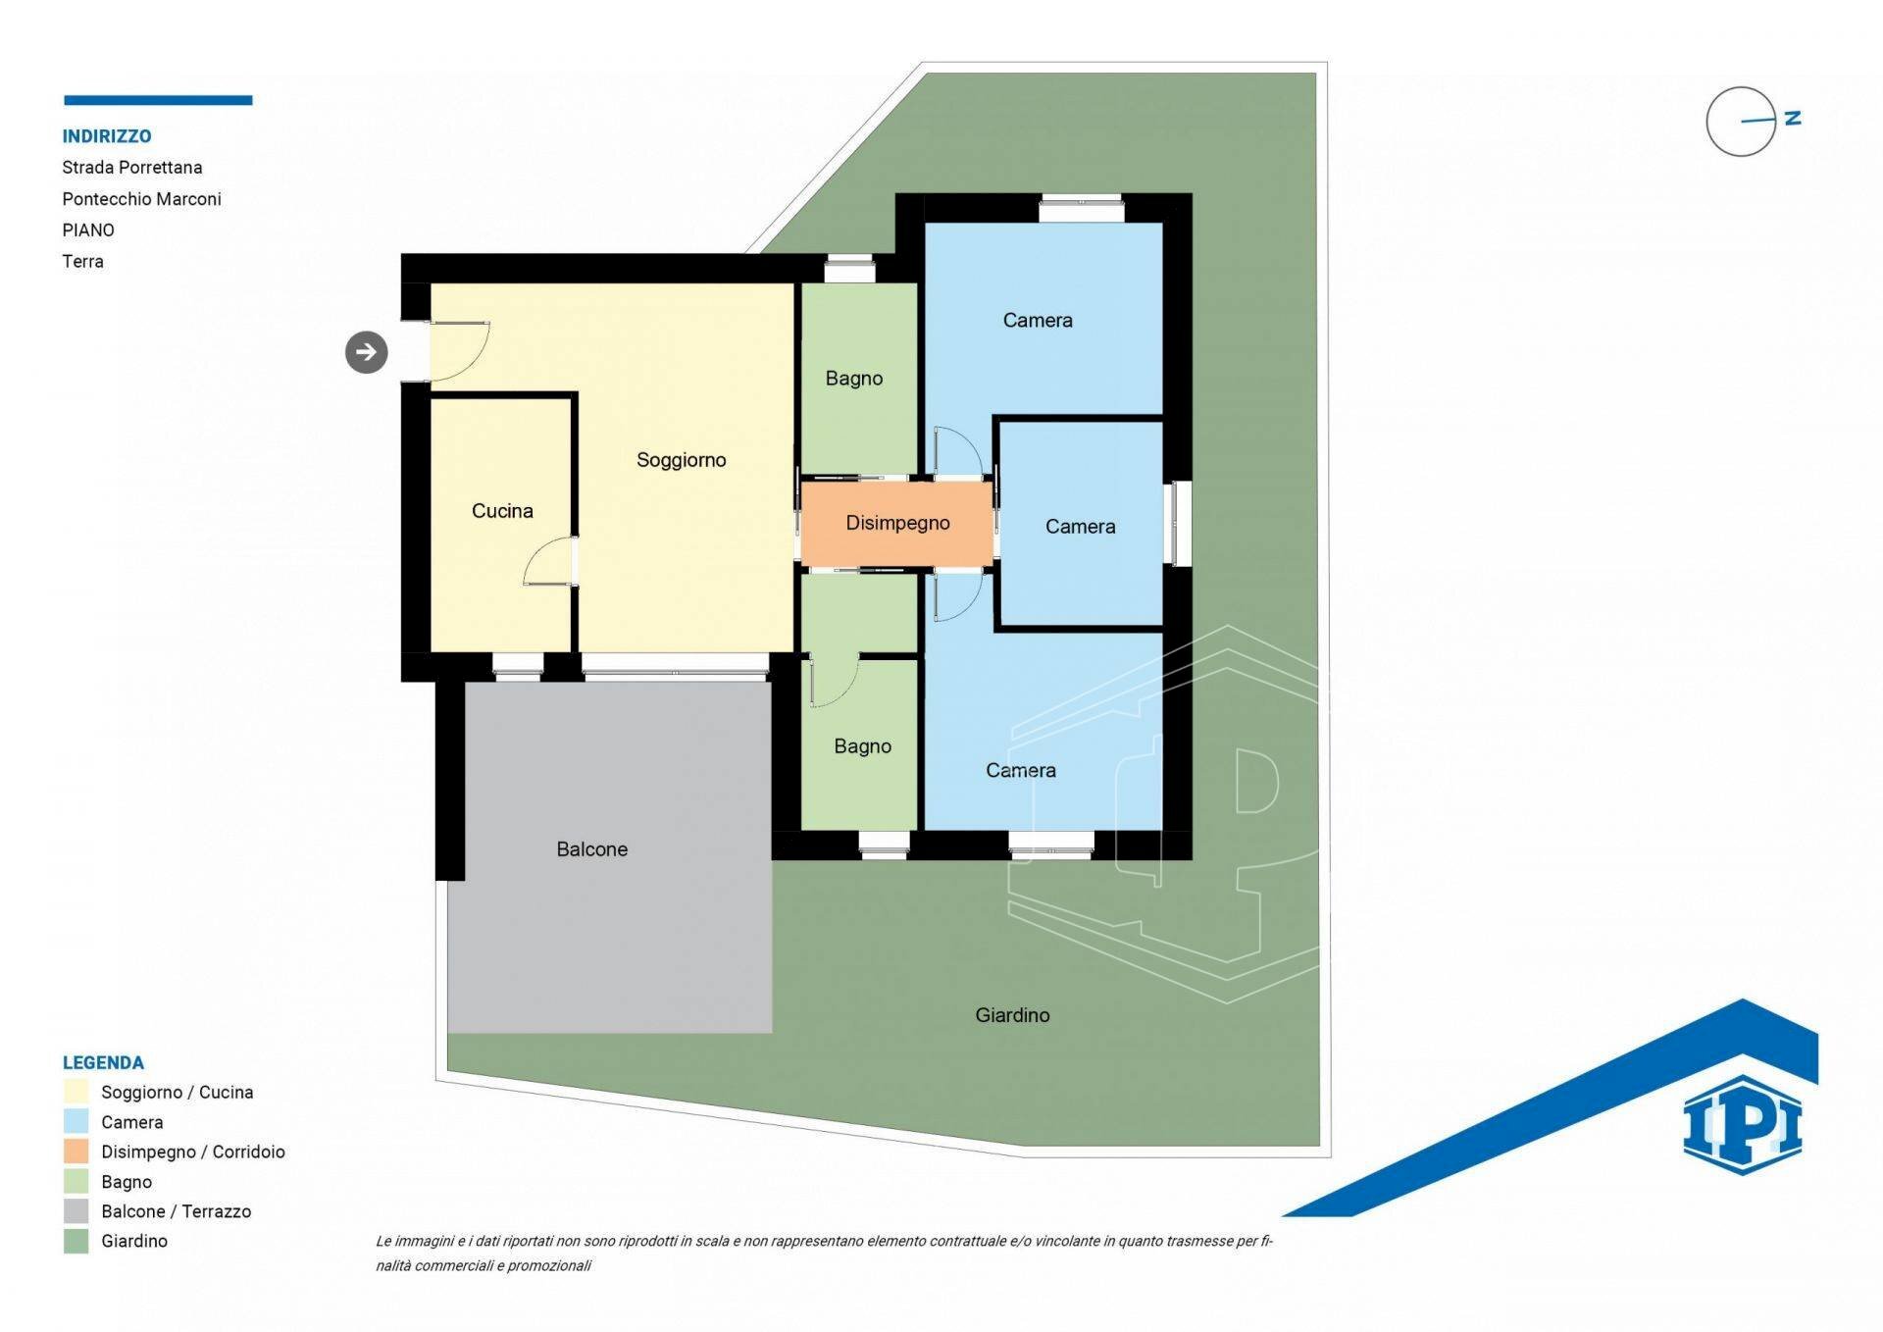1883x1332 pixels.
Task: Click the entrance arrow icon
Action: [x=366, y=352]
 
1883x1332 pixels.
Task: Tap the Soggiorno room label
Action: [x=681, y=460]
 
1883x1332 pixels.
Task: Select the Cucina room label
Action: [x=502, y=511]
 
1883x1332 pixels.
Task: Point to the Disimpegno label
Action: [x=897, y=524]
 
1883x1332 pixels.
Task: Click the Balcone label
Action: [x=591, y=849]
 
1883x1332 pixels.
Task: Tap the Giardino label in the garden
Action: [x=1012, y=1015]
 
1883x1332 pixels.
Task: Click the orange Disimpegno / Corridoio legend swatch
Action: [x=76, y=1152]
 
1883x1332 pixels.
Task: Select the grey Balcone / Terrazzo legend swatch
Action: [x=76, y=1211]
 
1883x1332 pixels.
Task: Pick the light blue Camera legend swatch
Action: [x=76, y=1121]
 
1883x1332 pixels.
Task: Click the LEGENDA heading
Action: [x=103, y=1063]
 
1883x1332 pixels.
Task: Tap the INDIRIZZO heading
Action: [x=107, y=136]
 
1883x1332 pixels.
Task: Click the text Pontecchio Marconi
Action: [x=141, y=199]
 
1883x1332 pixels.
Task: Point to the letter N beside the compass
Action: [x=1793, y=118]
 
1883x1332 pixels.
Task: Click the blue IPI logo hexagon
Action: [x=1743, y=1125]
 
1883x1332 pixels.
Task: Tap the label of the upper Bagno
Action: [x=853, y=379]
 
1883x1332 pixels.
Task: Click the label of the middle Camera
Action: [x=1080, y=527]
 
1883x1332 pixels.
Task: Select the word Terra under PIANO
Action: [x=82, y=262]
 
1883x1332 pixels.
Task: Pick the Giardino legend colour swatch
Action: [x=76, y=1241]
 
